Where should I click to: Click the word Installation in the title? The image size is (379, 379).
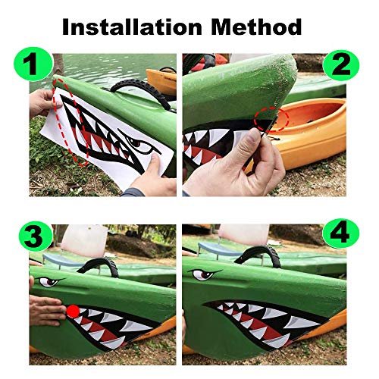tap(124, 28)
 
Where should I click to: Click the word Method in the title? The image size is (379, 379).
tap(249, 28)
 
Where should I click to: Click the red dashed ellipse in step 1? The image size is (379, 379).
tap(74, 121)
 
